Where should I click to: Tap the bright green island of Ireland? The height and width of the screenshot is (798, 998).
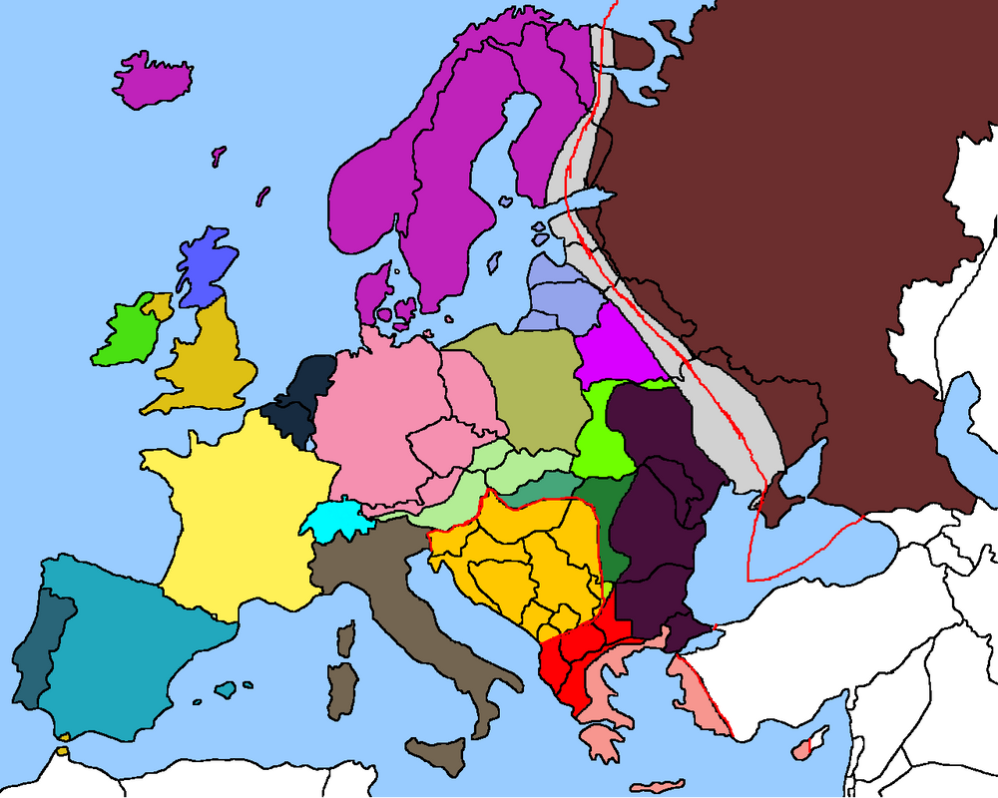point(125,334)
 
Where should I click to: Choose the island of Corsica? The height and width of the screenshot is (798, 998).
point(347,638)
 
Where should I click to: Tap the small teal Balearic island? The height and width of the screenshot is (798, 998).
point(228,689)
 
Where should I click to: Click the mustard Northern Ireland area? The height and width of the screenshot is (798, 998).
point(157,305)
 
